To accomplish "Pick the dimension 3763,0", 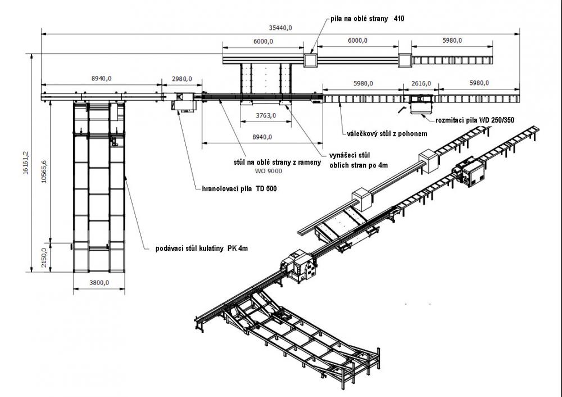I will tap(262, 116).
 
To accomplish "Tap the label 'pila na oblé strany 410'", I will tap(368, 19).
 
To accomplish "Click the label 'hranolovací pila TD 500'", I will tap(239, 189).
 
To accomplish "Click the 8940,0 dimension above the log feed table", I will tap(100, 79).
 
